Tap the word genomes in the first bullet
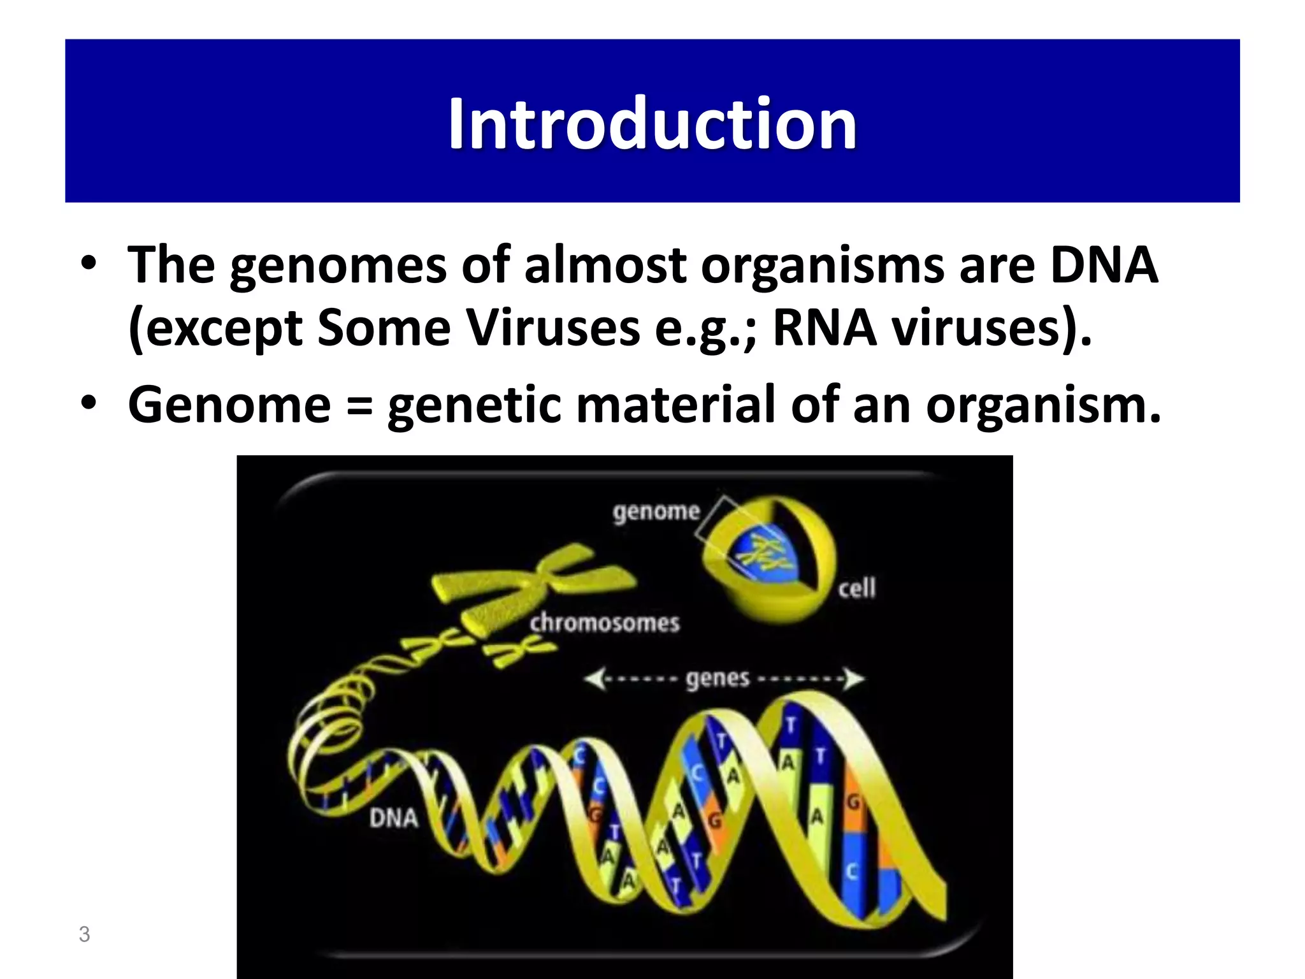point(338,266)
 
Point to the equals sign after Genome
point(359,406)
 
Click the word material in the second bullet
point(675,405)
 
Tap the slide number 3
point(84,934)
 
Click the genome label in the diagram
point(656,512)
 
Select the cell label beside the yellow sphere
point(856,588)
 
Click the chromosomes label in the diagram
point(605,623)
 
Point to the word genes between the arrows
point(717,679)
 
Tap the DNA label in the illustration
point(394,818)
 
